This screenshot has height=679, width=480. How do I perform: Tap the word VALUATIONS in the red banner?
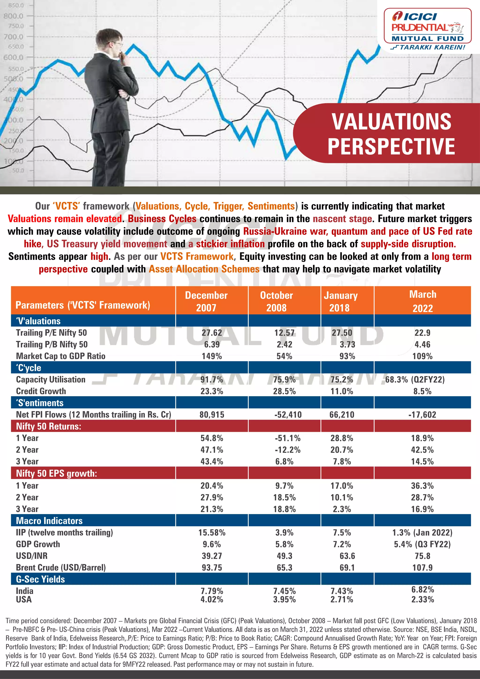click(x=391, y=122)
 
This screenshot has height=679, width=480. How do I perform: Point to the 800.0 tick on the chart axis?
click(x=14, y=16)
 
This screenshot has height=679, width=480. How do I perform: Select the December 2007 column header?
click(x=206, y=301)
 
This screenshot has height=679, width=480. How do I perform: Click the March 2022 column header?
click(x=423, y=301)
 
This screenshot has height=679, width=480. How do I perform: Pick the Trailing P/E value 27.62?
click(x=212, y=333)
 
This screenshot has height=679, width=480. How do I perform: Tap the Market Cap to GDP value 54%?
click(x=284, y=356)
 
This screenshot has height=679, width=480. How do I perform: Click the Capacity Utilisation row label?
click(x=51, y=379)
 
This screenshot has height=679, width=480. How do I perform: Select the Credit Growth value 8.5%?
click(x=422, y=391)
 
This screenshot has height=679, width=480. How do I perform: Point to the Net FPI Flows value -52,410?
click(x=288, y=415)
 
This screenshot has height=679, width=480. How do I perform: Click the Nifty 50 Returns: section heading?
click(x=49, y=426)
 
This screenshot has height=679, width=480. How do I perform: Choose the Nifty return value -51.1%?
click(x=288, y=438)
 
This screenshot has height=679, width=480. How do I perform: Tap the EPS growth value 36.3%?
click(x=422, y=486)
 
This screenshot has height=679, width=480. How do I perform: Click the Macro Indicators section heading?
click(x=49, y=520)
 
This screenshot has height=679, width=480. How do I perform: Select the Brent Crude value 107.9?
click(x=422, y=567)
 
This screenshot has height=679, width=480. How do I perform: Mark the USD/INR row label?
click(x=32, y=556)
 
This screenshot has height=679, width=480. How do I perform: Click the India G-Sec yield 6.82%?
click(x=423, y=589)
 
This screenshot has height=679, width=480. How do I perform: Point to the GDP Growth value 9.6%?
click(x=212, y=544)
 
